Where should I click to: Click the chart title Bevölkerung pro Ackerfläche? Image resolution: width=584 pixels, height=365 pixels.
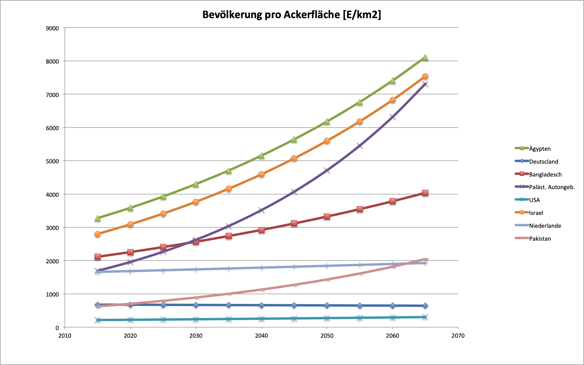pos(291,14)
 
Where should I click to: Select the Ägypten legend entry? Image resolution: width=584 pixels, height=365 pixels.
pos(539,149)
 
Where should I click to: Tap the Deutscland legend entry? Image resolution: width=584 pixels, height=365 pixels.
pos(543,161)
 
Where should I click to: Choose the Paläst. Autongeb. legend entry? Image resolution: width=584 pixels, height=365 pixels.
pos(552,187)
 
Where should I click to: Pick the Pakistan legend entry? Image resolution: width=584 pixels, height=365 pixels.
pos(540,239)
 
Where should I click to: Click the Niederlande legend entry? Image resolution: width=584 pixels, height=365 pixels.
pos(545,226)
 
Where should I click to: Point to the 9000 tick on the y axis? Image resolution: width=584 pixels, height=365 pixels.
pos(52,28)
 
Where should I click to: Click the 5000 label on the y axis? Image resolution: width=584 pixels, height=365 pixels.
pos(52,161)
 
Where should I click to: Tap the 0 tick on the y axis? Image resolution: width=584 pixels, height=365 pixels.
pos(57,328)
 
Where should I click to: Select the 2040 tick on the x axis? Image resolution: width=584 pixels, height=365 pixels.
pos(261,336)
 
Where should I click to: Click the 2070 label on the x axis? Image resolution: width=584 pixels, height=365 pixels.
pos(458,336)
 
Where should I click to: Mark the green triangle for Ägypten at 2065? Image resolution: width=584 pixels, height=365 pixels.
pos(425,58)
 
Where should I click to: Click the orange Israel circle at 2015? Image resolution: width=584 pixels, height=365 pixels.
pos(98,234)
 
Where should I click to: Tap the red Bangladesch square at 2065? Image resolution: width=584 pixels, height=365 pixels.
pos(425,193)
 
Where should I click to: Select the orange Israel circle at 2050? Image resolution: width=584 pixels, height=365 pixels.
pos(327,141)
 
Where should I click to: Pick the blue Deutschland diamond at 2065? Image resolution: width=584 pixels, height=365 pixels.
pos(425,306)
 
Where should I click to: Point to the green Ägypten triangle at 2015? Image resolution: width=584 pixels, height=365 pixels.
pos(98,218)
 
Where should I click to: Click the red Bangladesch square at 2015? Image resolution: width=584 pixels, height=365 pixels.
pos(98,257)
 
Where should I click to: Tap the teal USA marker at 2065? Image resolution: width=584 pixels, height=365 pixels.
pos(425,317)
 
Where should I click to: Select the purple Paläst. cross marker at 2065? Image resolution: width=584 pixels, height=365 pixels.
pos(425,84)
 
